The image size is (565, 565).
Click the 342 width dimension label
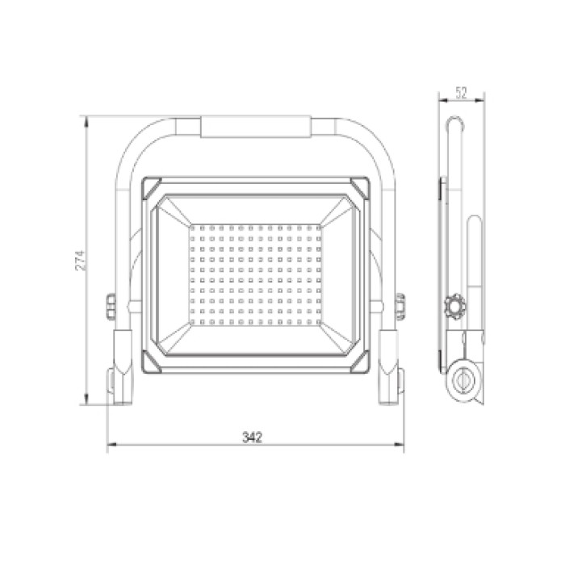(x=252, y=437)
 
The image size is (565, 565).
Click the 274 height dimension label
(x=81, y=261)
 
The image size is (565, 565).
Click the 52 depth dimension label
(x=461, y=93)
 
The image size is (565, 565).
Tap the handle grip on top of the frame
(x=256, y=127)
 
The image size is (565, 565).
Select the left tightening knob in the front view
(x=111, y=307)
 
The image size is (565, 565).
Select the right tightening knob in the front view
(x=400, y=307)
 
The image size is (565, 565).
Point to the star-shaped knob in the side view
(x=454, y=306)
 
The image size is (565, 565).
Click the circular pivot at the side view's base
(x=464, y=380)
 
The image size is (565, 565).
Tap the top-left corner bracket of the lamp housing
(x=152, y=187)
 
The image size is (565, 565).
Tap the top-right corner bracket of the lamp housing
(x=360, y=187)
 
